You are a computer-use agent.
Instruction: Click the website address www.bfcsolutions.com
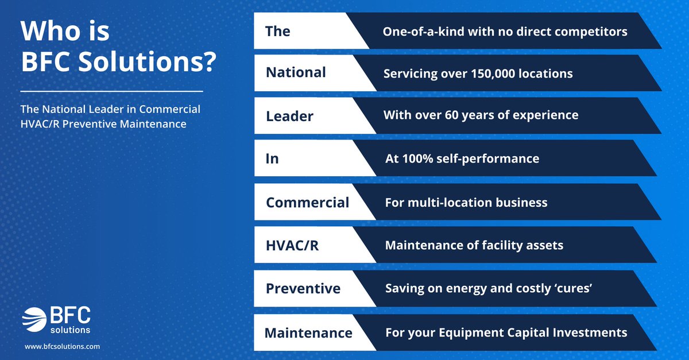[x=62, y=346]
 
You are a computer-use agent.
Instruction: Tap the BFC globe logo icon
[x=34, y=319]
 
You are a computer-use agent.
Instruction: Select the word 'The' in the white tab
[x=277, y=31]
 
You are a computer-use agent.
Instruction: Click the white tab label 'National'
[x=296, y=72]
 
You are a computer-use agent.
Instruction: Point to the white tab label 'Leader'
[x=289, y=117]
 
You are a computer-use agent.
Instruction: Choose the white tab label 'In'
[x=272, y=159]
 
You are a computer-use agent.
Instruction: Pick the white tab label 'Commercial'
[x=307, y=203]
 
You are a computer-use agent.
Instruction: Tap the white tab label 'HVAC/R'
[x=292, y=246]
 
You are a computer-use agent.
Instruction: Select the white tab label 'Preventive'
[x=303, y=289]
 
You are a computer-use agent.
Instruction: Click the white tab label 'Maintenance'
[x=308, y=333]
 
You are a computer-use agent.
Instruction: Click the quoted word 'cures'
[x=576, y=288]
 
